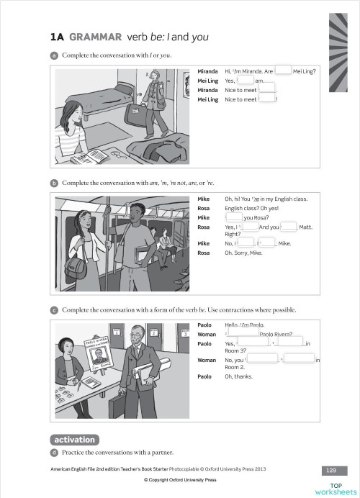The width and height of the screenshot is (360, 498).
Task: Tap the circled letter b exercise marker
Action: click(x=54, y=183)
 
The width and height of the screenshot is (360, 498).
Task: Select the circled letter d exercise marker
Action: click(x=54, y=452)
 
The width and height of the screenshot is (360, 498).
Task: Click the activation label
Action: click(x=74, y=439)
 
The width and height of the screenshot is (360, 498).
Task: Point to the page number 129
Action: click(x=331, y=470)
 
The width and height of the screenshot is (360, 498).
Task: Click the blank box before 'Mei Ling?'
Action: click(x=283, y=71)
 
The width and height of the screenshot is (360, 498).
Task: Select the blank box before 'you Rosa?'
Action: click(x=234, y=217)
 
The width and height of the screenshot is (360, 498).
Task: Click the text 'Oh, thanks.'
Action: click(x=238, y=376)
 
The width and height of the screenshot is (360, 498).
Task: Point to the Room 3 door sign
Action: click(x=184, y=333)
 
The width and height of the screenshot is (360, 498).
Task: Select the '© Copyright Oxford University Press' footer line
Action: click(x=180, y=479)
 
